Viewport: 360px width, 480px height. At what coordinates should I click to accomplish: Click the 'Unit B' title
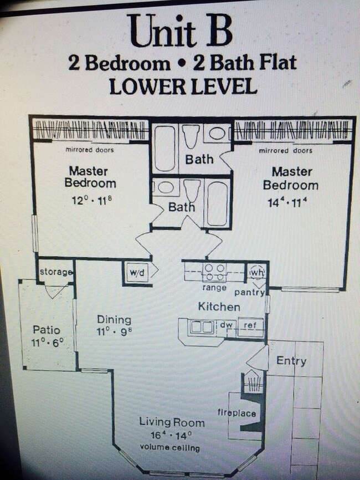pyautogui.click(x=180, y=31)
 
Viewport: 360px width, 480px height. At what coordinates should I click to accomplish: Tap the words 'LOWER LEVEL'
pyautogui.click(x=183, y=86)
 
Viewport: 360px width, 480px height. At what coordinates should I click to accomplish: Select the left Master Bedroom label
pyautogui.click(x=90, y=177)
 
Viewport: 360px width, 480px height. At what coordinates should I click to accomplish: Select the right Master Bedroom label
pyautogui.click(x=291, y=178)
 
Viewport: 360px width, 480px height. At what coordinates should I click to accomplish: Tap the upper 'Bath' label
pyautogui.click(x=199, y=160)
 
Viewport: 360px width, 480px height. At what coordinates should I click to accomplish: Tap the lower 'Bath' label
pyautogui.click(x=182, y=207)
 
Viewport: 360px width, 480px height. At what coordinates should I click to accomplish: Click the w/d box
pyautogui.click(x=136, y=273)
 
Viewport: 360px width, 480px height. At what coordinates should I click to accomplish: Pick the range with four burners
pyautogui.click(x=214, y=272)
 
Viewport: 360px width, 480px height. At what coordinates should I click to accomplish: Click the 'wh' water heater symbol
pyautogui.click(x=256, y=273)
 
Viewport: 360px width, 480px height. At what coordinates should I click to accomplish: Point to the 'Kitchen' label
pyautogui.click(x=220, y=307)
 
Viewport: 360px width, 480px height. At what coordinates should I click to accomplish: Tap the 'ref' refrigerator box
pyautogui.click(x=250, y=326)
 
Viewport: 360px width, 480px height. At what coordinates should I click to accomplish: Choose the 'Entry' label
pyautogui.click(x=291, y=361)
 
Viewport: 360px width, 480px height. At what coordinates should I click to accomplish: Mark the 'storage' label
pyautogui.click(x=56, y=272)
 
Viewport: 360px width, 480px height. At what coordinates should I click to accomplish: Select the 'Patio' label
pyautogui.click(x=46, y=330)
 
